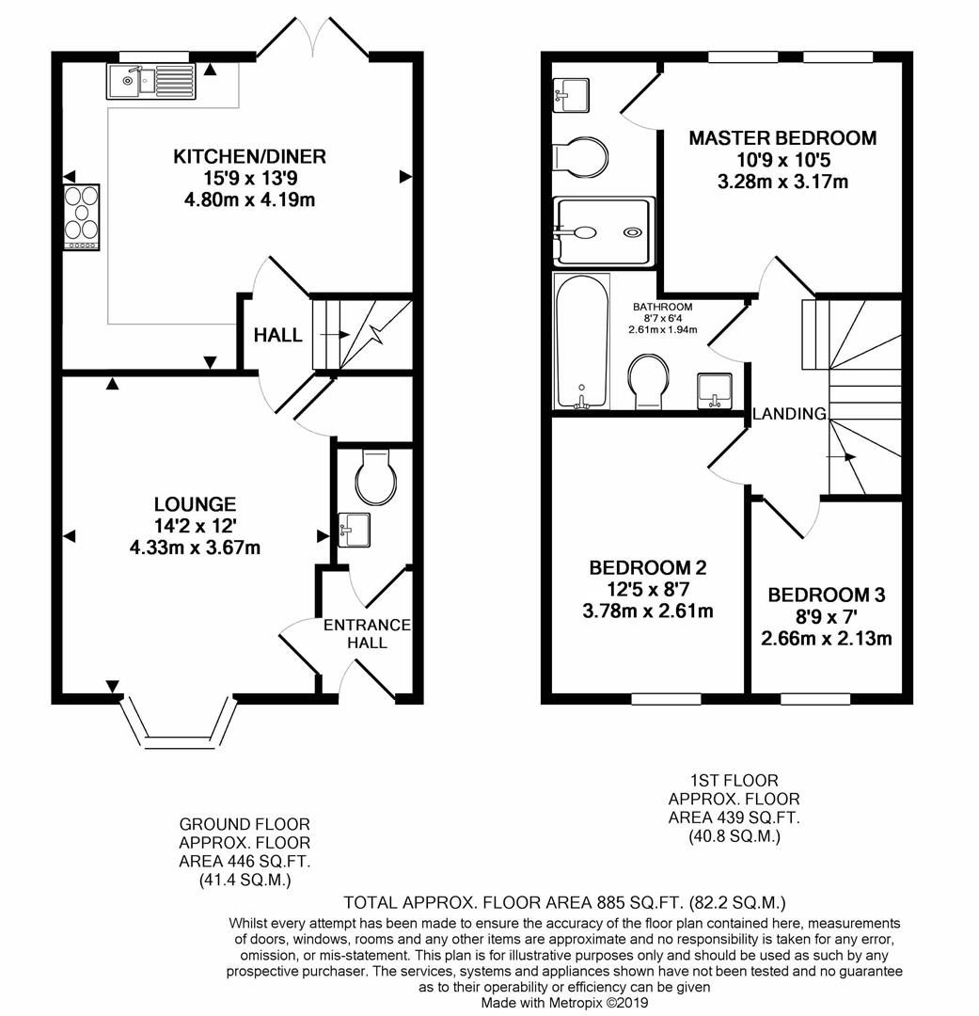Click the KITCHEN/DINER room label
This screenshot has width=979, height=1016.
tap(249, 156)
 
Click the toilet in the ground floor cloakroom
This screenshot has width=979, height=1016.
tap(373, 476)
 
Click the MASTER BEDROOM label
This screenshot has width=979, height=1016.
tap(782, 138)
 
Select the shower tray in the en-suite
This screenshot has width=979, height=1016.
tap(603, 230)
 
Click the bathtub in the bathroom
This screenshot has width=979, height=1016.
tap(582, 341)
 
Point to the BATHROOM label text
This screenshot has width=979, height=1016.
tap(662, 307)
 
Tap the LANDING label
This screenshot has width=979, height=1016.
tap(789, 413)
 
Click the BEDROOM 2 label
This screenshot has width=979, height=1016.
tap(647, 567)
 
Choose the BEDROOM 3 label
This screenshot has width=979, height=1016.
tap(827, 595)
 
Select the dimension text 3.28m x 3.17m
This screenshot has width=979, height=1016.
tap(782, 182)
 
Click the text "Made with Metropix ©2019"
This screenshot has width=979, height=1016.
tap(564, 1004)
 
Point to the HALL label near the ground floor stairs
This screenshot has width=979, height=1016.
tap(278, 335)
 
